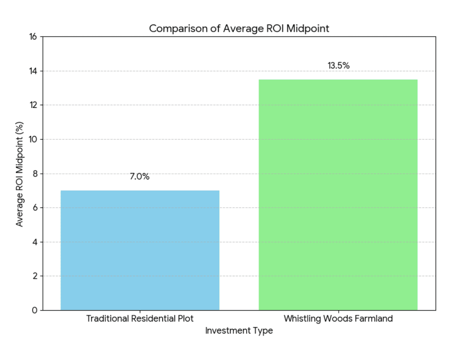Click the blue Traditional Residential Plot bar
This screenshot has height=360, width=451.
140,250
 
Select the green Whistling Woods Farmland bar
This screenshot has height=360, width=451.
338,194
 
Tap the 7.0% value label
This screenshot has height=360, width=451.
140,177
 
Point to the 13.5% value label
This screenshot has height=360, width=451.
338,66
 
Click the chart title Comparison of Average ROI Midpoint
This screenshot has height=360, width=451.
239,28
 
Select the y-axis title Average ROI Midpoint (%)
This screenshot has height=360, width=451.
20,174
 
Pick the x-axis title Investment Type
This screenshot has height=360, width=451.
239,331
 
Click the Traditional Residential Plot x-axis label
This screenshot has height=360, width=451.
140,319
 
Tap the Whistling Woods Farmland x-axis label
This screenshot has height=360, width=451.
338,319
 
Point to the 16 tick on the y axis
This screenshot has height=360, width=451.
33,37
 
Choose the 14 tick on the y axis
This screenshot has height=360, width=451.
33,71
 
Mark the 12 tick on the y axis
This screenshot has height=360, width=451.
33,105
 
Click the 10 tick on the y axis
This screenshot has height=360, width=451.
33,140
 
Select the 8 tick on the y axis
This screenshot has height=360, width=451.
35,174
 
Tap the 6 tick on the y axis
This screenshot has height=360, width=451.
35,208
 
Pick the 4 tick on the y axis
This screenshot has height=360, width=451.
35,242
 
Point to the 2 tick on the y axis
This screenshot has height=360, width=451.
35,276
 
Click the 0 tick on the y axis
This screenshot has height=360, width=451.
35,311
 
